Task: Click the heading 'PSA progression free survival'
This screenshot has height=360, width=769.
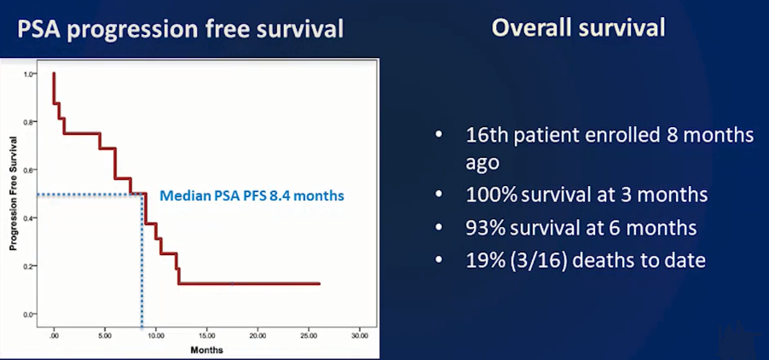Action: (x=180, y=29)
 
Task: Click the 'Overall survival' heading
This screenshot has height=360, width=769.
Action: (x=578, y=28)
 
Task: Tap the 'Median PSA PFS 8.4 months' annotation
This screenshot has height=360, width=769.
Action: (x=252, y=196)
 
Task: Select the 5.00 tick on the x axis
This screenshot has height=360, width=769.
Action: (x=105, y=336)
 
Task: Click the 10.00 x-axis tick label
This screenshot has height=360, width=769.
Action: (x=156, y=336)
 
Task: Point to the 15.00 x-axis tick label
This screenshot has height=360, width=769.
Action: (x=207, y=336)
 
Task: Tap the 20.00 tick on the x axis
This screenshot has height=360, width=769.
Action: (x=258, y=336)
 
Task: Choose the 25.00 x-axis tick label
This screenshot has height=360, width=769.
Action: (x=309, y=336)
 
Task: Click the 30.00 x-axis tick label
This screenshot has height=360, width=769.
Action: (x=360, y=336)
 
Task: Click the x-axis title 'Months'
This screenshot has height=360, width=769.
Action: (x=206, y=351)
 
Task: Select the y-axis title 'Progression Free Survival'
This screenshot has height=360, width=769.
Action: (x=14, y=193)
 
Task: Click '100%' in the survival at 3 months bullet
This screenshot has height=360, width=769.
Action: (x=491, y=195)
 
